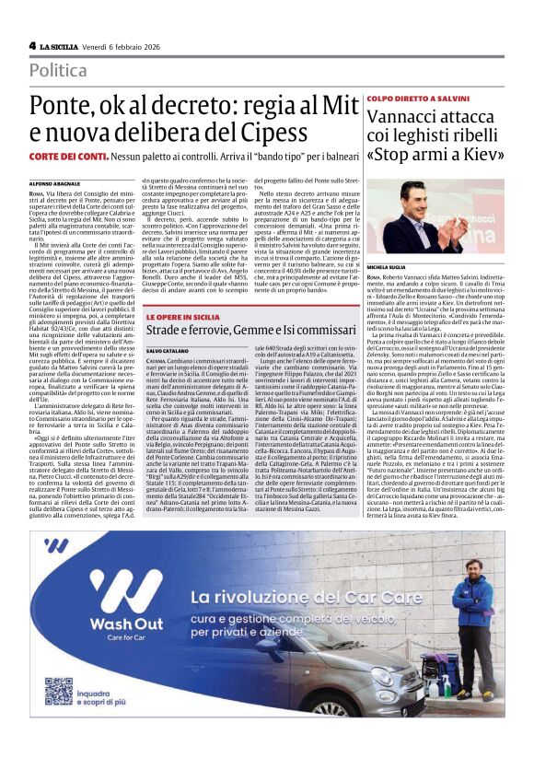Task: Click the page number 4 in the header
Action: [32, 45]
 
